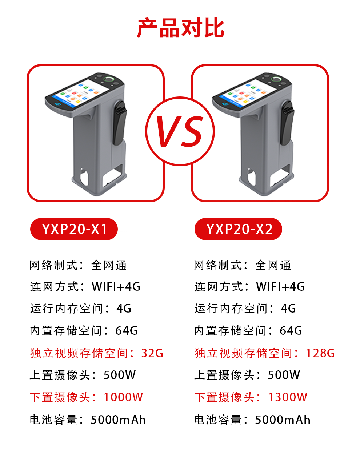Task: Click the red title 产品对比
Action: [x=181, y=28]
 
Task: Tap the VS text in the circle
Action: [x=180, y=131]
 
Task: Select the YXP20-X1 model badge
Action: [x=74, y=229]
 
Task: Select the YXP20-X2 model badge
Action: [x=238, y=229]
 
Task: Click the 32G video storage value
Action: [x=152, y=353]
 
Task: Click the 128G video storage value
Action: [x=320, y=353]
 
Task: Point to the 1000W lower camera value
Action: [x=123, y=397]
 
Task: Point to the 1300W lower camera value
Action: [x=288, y=397]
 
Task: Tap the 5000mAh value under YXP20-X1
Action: [x=118, y=420]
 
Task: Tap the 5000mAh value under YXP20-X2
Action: [x=283, y=420]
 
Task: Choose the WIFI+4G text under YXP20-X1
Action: [x=116, y=286]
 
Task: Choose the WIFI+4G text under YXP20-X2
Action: [x=280, y=286]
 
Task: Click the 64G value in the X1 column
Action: [x=127, y=330]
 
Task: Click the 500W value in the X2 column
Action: [x=284, y=375]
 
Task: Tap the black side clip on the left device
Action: [x=120, y=123]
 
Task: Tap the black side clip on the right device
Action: [x=287, y=123]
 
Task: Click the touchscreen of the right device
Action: [x=248, y=93]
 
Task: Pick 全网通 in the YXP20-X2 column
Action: [x=273, y=265]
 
